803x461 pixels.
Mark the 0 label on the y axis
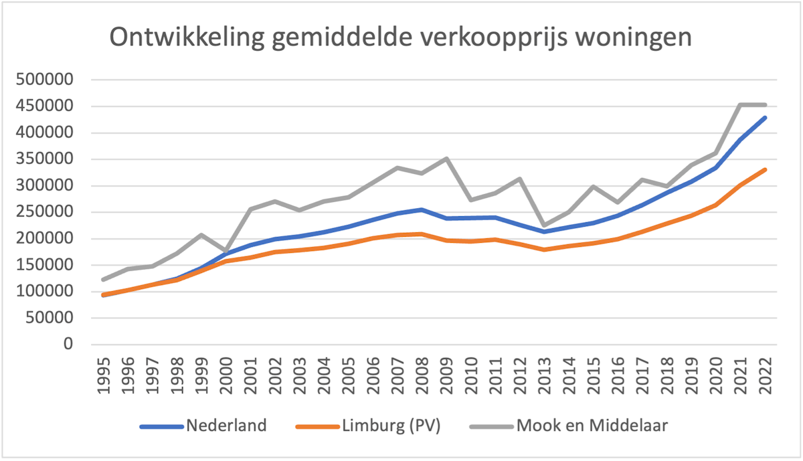[x=67, y=345]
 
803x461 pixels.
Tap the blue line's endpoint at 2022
[x=765, y=118]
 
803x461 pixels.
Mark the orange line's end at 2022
[x=765, y=170]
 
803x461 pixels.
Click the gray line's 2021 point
[x=740, y=104]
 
